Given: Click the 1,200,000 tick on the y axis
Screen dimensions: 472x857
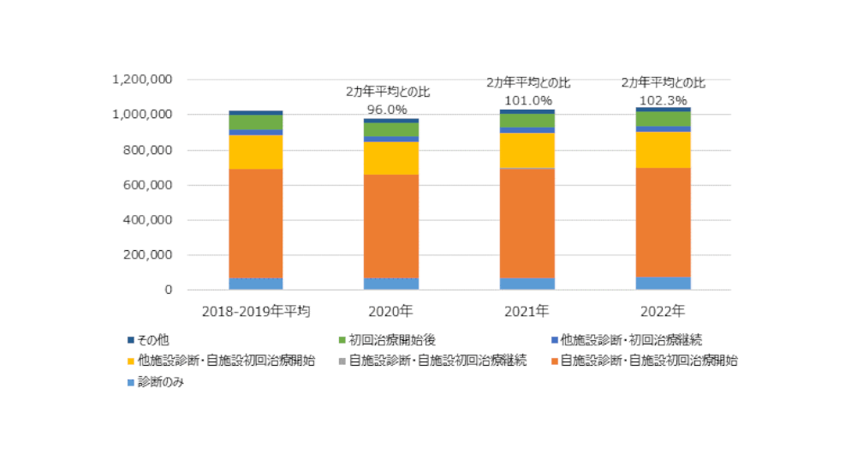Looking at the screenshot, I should point(143,80).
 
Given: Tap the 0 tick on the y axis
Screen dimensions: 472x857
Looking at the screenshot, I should point(169,290).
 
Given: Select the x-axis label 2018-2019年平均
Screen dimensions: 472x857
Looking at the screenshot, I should point(255,309).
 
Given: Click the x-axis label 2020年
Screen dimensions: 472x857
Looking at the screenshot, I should point(390,309).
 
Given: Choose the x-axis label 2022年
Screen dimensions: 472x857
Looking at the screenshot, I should point(663,309).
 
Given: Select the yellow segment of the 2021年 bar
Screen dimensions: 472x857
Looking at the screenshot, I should point(527,150).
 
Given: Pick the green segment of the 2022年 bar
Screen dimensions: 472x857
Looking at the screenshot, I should point(664,119).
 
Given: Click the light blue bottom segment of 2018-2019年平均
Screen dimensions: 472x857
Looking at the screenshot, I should point(256,284).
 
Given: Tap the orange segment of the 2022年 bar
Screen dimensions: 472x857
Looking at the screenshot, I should point(664,222).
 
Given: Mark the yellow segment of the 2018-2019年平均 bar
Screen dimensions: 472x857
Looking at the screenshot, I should point(256,152).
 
